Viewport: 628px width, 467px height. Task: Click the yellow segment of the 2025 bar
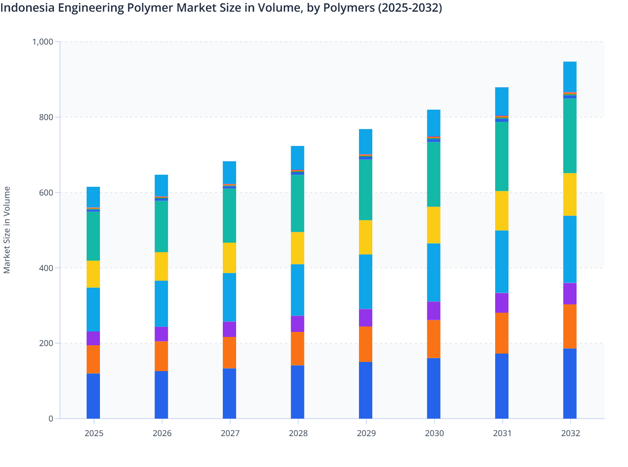93,274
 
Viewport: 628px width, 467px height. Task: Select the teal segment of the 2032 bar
570,136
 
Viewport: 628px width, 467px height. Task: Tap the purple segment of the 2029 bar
366,318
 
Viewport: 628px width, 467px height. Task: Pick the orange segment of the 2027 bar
229,352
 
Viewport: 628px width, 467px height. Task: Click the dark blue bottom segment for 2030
434,388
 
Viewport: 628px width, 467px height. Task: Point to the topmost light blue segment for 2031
502,101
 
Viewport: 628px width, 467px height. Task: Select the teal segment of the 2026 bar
161,226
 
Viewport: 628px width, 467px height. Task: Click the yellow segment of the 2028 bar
297,248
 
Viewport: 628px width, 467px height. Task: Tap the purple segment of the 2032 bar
570,294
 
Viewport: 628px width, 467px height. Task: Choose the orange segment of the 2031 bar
502,333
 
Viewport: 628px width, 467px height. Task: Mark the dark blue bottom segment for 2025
93,396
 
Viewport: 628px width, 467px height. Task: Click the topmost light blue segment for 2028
297,158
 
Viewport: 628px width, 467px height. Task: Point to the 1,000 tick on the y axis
43,42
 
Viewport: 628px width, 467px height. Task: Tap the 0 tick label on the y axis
51,419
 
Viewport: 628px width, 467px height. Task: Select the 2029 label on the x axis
366,433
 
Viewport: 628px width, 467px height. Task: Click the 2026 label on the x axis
162,433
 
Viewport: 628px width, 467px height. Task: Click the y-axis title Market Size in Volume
7,230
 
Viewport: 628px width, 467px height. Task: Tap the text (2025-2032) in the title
410,8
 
